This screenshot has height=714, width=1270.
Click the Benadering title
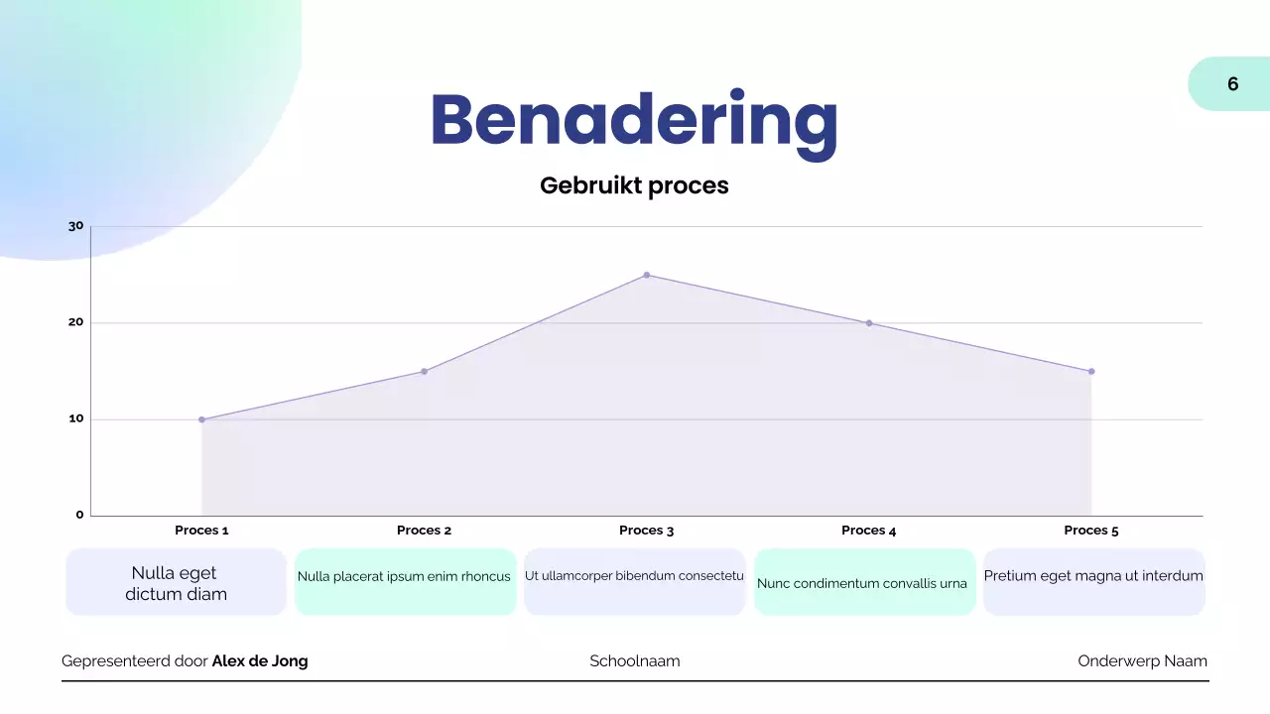pos(634,121)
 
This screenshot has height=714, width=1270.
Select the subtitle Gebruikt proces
pos(634,185)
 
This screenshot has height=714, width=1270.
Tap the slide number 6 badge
pos(1232,84)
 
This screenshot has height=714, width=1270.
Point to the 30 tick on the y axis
pos(76,226)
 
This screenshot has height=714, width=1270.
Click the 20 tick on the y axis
pos(76,322)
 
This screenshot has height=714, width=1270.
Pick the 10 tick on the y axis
pos(76,418)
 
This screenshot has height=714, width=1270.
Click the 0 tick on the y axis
pos(80,515)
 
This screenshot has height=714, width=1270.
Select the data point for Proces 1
pos(201,419)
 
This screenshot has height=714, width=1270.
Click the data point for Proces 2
pos(424,372)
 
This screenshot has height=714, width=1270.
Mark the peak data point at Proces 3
pos(647,275)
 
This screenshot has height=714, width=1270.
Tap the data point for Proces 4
pos(869,323)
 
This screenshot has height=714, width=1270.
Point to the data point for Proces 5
pos(1091,372)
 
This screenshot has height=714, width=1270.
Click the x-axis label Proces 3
pos(646,531)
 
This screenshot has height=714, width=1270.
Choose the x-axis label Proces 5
pos(1090,531)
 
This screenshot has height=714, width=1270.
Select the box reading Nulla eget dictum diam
pos(176,583)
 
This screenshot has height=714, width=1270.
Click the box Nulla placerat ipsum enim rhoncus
pos(405,581)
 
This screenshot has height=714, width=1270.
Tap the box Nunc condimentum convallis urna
pos(863,582)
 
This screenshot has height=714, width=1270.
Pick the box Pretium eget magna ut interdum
pos(1093,581)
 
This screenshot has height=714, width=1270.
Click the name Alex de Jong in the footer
pos(260,661)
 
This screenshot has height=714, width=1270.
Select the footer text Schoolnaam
pos(635,661)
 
